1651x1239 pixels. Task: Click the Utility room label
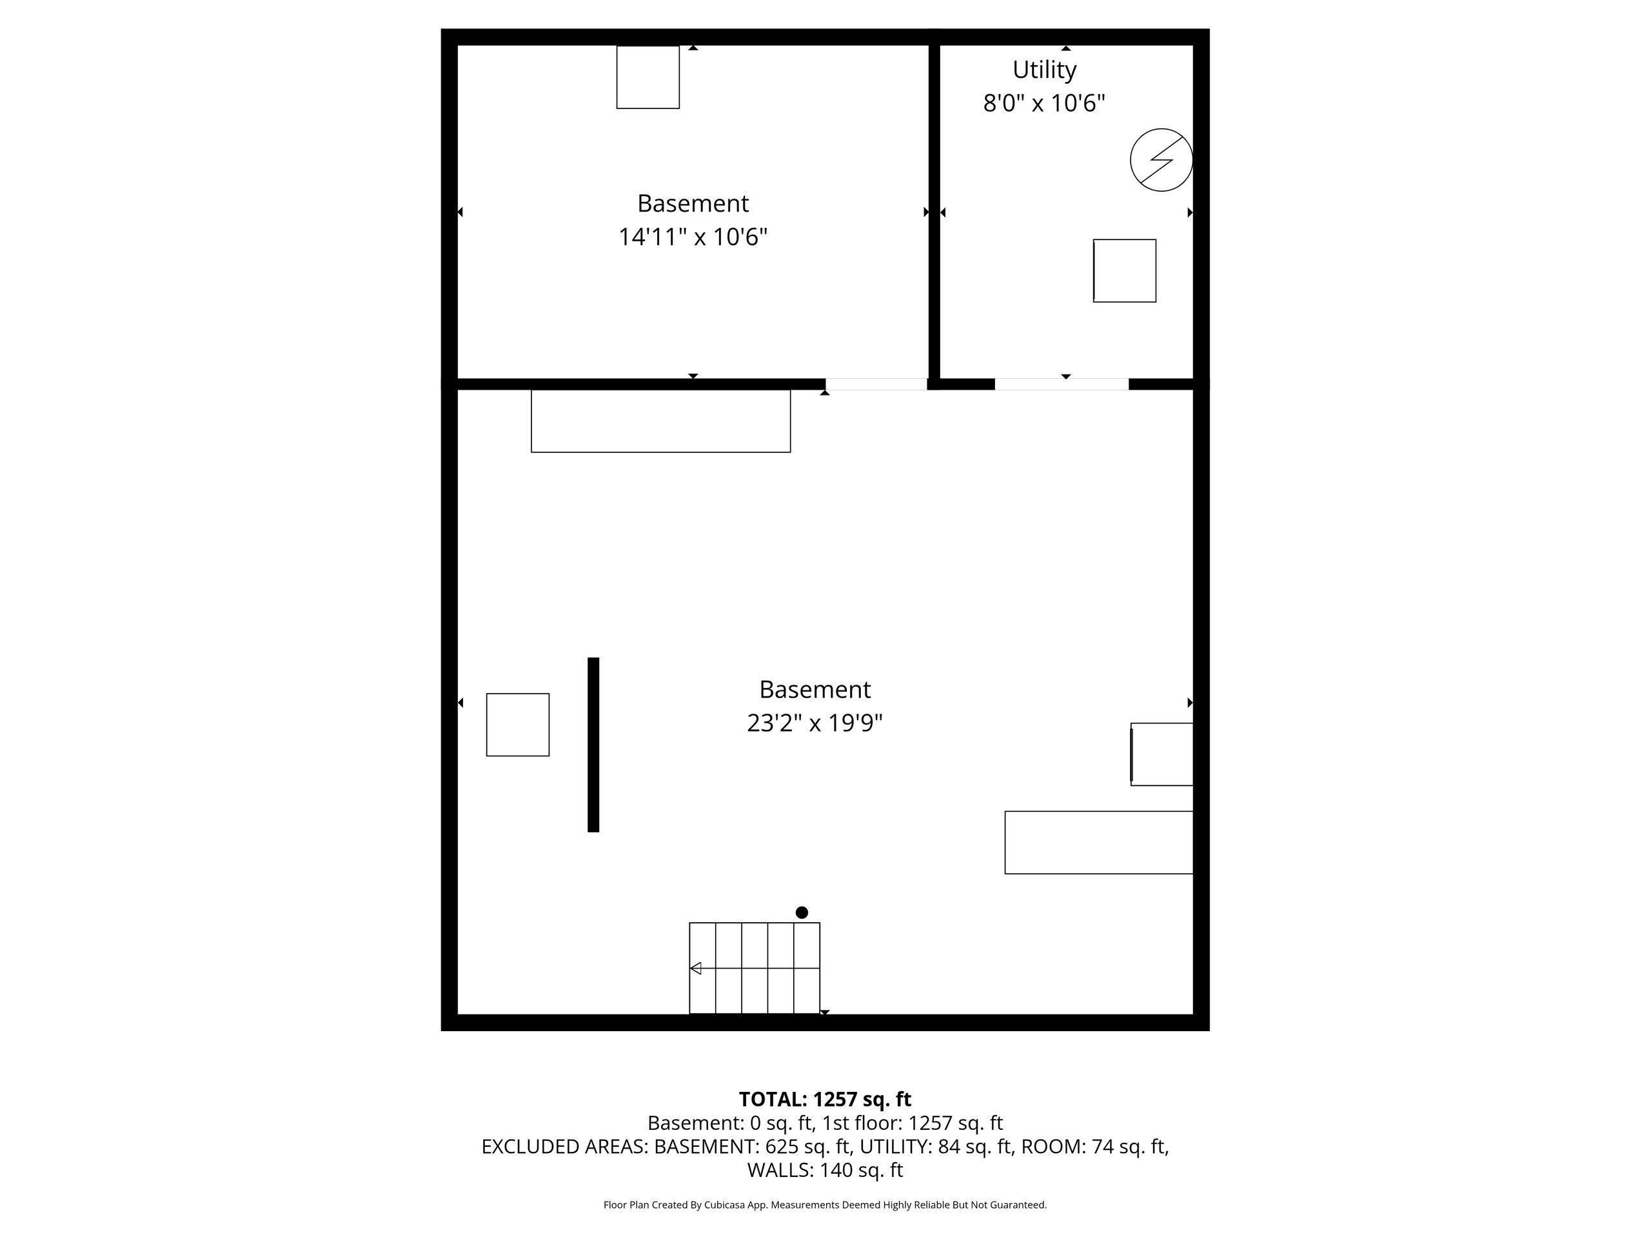click(1044, 70)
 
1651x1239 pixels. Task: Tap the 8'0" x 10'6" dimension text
click(1044, 103)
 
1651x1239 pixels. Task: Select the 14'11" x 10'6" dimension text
click(693, 237)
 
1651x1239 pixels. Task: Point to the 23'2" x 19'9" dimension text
click(815, 723)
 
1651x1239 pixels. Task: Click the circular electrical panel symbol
click(1162, 160)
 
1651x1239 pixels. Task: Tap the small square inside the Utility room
click(1125, 270)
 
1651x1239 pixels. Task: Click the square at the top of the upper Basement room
click(648, 77)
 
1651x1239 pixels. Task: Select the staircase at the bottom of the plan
click(755, 968)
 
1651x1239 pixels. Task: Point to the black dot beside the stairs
click(802, 912)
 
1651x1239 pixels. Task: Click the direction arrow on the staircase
click(696, 969)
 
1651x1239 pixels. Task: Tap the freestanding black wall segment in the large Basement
click(593, 745)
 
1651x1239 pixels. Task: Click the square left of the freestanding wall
click(518, 725)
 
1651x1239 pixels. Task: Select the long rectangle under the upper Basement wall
click(660, 421)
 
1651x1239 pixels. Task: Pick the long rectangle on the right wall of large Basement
click(1099, 842)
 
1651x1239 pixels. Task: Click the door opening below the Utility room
click(1062, 384)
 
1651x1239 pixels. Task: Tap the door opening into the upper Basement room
click(876, 384)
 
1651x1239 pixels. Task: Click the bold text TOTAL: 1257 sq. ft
click(825, 1100)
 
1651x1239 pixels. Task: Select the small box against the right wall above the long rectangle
click(1162, 754)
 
